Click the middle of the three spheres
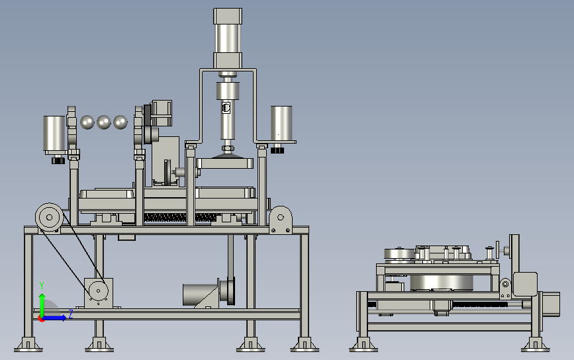[103, 122]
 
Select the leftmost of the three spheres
[87, 122]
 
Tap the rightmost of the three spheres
[120, 122]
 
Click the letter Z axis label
[71, 314]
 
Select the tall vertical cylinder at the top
[228, 38]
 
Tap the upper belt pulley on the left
[49, 217]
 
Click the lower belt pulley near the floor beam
[98, 291]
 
